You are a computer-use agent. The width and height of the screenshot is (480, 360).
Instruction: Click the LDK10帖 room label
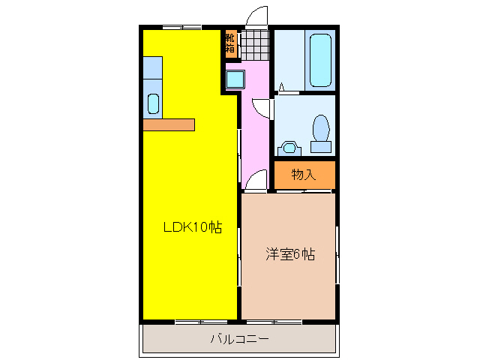pos(193,227)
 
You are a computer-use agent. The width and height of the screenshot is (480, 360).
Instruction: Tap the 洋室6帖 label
pos(289,254)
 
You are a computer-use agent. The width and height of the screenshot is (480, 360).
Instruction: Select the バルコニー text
pos(239,339)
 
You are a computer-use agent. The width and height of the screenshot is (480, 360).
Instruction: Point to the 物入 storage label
pos(303,175)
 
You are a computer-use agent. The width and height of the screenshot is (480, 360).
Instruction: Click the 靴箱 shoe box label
pos(229,43)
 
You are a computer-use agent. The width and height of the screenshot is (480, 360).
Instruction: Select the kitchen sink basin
pos(153,103)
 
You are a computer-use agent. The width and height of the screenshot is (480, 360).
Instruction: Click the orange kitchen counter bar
pos(169,124)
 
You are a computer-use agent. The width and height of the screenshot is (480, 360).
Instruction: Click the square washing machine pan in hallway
pos(235,79)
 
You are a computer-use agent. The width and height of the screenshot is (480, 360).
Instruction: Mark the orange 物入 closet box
pos(304,175)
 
